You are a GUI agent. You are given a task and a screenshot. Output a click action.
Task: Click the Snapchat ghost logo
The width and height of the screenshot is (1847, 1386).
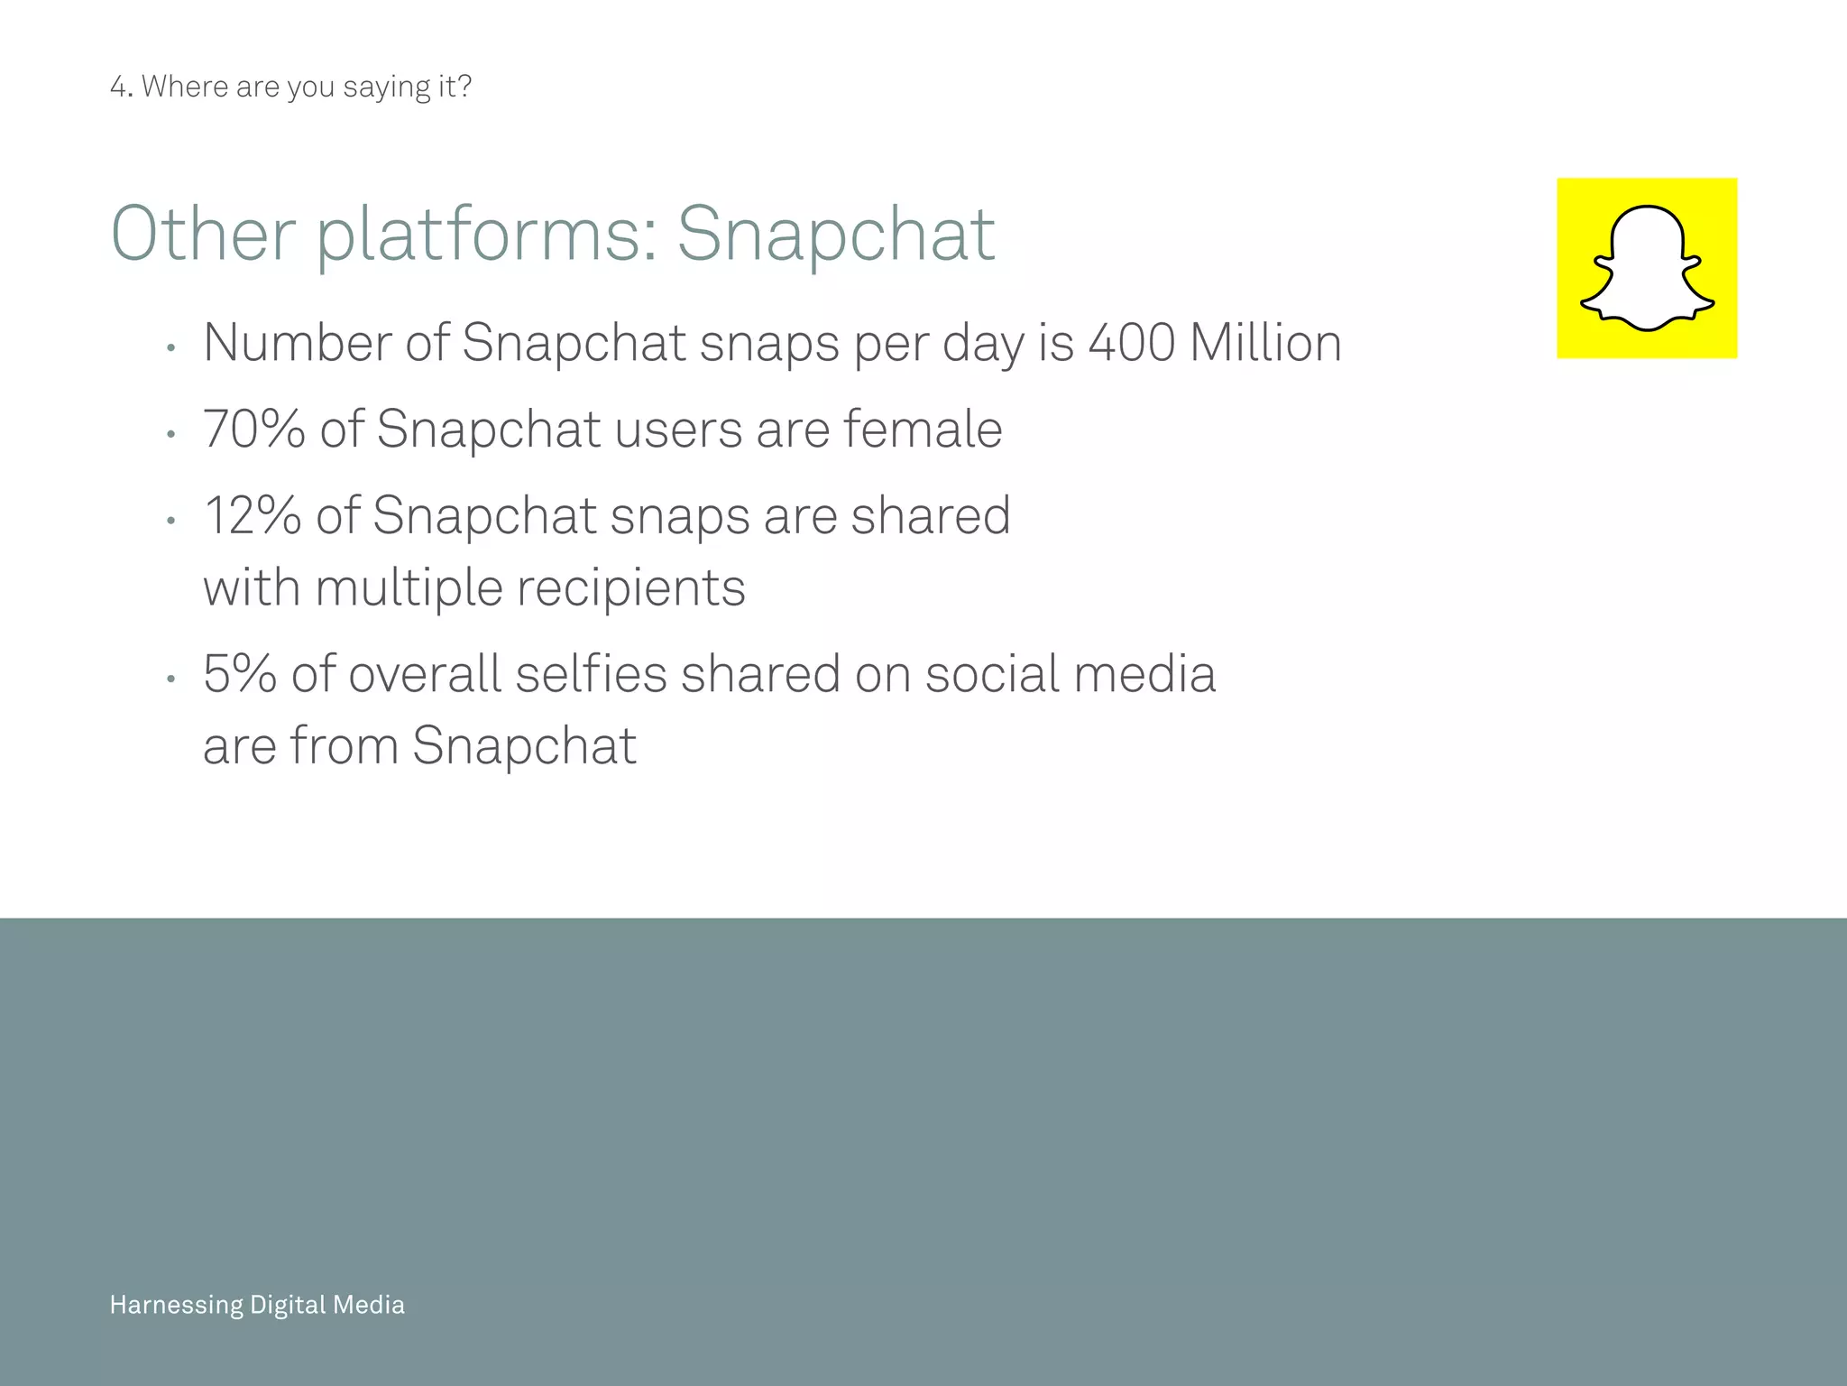(x=1647, y=268)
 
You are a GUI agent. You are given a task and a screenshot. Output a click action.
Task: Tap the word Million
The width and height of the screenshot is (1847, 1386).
(x=1265, y=343)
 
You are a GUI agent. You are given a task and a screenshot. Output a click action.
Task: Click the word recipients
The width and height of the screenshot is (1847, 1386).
(x=631, y=587)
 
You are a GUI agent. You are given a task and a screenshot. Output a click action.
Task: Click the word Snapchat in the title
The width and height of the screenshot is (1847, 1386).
(x=836, y=235)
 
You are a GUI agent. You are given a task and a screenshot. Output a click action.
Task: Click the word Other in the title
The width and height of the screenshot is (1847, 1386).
(x=203, y=235)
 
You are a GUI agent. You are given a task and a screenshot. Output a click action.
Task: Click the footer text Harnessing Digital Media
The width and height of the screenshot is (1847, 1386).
(x=257, y=1305)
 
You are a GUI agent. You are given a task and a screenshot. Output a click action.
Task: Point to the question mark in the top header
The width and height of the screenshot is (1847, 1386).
(x=464, y=87)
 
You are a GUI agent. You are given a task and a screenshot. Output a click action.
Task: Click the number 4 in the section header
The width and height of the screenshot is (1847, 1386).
(x=117, y=87)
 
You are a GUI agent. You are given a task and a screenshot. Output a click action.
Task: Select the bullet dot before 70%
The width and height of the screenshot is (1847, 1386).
(x=170, y=435)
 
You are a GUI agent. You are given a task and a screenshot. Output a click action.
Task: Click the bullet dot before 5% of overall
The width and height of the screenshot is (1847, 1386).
(x=170, y=679)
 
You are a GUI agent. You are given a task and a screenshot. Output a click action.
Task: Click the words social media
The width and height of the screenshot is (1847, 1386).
(x=1071, y=674)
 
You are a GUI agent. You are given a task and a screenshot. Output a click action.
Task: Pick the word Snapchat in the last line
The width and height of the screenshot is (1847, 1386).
(x=524, y=746)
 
